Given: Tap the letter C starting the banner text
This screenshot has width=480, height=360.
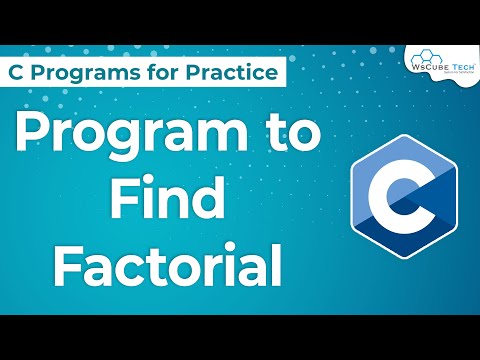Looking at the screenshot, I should pyautogui.click(x=17, y=72).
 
